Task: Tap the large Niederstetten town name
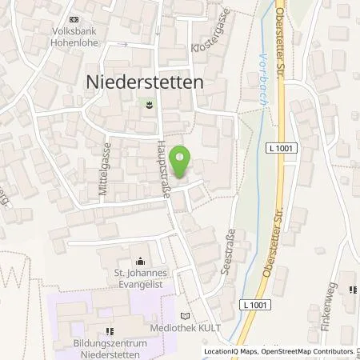pyautogui.click(x=143, y=81)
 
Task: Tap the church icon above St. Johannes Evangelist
pyautogui.click(x=141, y=261)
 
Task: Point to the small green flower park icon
pyautogui.click(x=148, y=103)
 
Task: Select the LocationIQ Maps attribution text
pyautogui.click(x=231, y=351)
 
